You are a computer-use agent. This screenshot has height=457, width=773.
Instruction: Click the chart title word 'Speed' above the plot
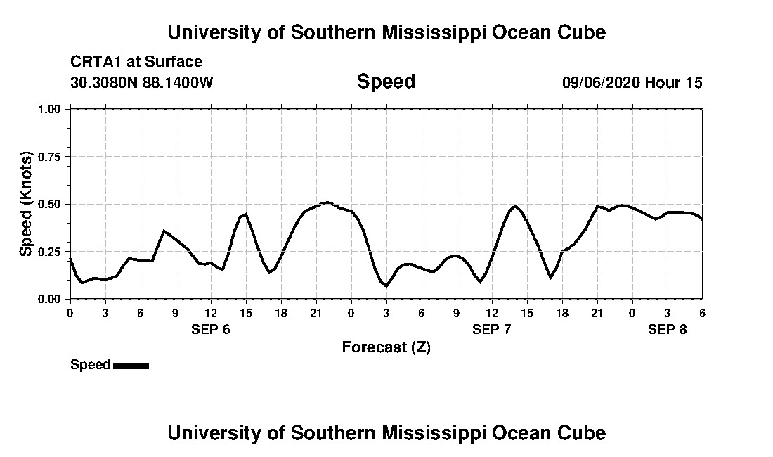point(386,82)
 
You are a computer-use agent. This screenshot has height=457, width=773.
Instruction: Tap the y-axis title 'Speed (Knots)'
point(26,204)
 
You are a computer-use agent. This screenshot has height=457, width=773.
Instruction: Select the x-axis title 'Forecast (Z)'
point(386,347)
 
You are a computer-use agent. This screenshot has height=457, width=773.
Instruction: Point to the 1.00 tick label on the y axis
point(50,110)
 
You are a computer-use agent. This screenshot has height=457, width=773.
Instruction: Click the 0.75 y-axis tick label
point(50,157)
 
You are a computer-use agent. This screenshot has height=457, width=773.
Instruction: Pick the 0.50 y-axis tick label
point(50,205)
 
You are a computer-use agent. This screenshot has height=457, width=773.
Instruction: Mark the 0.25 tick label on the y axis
point(50,252)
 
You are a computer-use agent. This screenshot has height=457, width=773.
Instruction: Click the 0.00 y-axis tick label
point(50,299)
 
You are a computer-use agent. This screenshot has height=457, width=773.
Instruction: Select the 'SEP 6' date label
point(211,329)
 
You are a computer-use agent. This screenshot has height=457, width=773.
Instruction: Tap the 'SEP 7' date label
point(492,329)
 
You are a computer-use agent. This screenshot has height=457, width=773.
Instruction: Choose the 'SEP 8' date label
point(668,329)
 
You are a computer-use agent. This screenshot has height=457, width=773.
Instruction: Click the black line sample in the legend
point(131,366)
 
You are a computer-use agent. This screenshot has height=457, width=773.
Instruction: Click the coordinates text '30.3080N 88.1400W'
point(142,82)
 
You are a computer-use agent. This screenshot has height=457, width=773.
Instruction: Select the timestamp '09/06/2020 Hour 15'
point(632,82)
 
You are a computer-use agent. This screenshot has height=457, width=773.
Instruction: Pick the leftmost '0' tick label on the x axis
point(70,312)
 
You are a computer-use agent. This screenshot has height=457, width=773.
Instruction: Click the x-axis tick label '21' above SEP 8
point(597,312)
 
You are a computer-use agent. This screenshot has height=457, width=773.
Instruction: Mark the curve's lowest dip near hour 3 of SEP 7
point(386,285)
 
